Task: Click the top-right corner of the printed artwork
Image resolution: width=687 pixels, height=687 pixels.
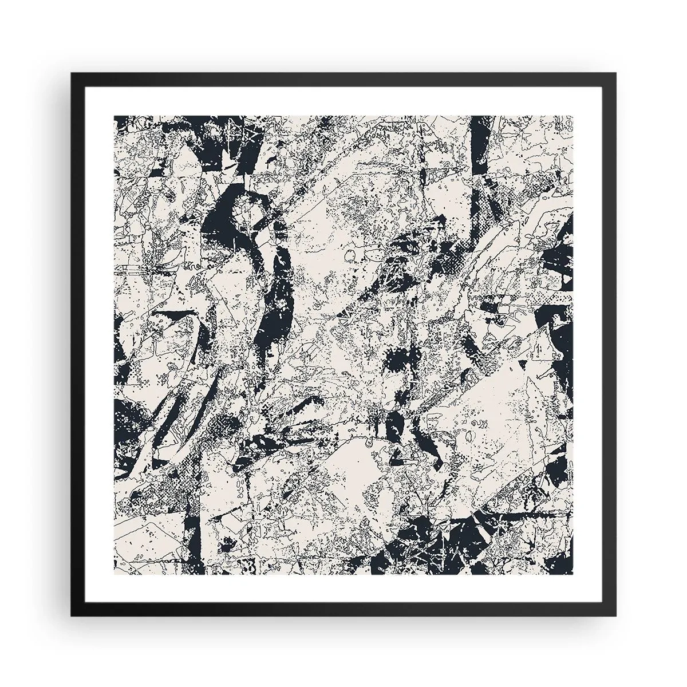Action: pyautogui.click(x=573, y=116)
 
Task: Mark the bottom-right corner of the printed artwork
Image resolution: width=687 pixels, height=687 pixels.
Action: pyautogui.click(x=573, y=574)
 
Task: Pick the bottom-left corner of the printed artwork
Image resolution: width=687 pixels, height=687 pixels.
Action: pyautogui.click(x=114, y=574)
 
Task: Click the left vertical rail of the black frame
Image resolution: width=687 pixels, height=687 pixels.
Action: pyautogui.click(x=75, y=343)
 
